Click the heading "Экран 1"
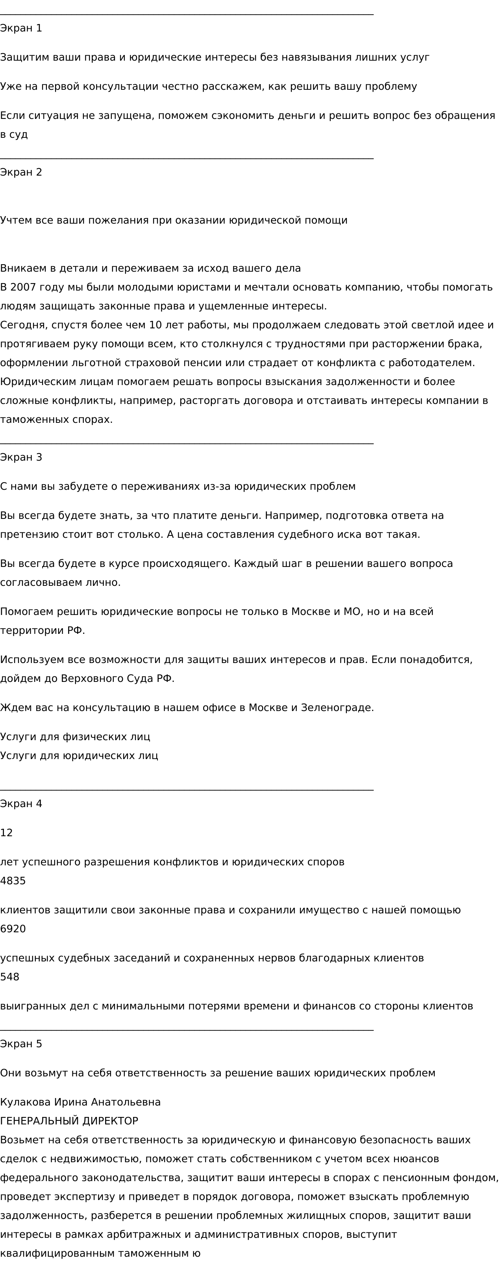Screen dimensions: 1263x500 [21, 28]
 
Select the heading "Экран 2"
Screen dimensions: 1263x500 [21, 172]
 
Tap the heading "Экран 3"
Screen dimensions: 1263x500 [21, 457]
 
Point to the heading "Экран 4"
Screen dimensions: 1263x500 [21, 804]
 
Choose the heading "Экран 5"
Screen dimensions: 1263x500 [21, 1044]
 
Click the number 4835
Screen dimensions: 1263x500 [13, 881]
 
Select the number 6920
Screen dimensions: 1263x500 [13, 929]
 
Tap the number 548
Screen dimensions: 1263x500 [10, 977]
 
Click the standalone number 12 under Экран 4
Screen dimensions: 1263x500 [6, 833]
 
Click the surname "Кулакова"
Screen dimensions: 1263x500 [25, 1102]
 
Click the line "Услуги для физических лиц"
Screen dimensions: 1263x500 [75, 737]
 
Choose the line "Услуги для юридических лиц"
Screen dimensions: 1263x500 [79, 756]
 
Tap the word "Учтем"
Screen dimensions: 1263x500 [16, 220]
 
